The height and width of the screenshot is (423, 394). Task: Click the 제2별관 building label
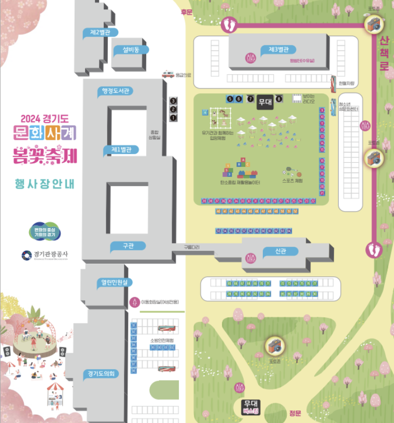click(x=100, y=32)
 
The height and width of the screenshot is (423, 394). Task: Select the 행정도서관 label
click(x=116, y=91)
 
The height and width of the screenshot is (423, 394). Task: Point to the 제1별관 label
click(x=121, y=150)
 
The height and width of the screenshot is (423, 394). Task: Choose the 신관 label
click(x=280, y=251)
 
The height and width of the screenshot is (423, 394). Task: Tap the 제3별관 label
click(x=282, y=50)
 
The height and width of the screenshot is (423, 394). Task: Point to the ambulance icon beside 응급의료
click(x=167, y=74)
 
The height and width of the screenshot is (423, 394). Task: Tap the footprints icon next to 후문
click(x=229, y=24)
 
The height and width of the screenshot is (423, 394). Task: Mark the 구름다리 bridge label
click(x=191, y=247)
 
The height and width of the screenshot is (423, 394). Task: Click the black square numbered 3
click(x=173, y=100)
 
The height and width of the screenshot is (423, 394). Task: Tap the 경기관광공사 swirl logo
click(x=26, y=255)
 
